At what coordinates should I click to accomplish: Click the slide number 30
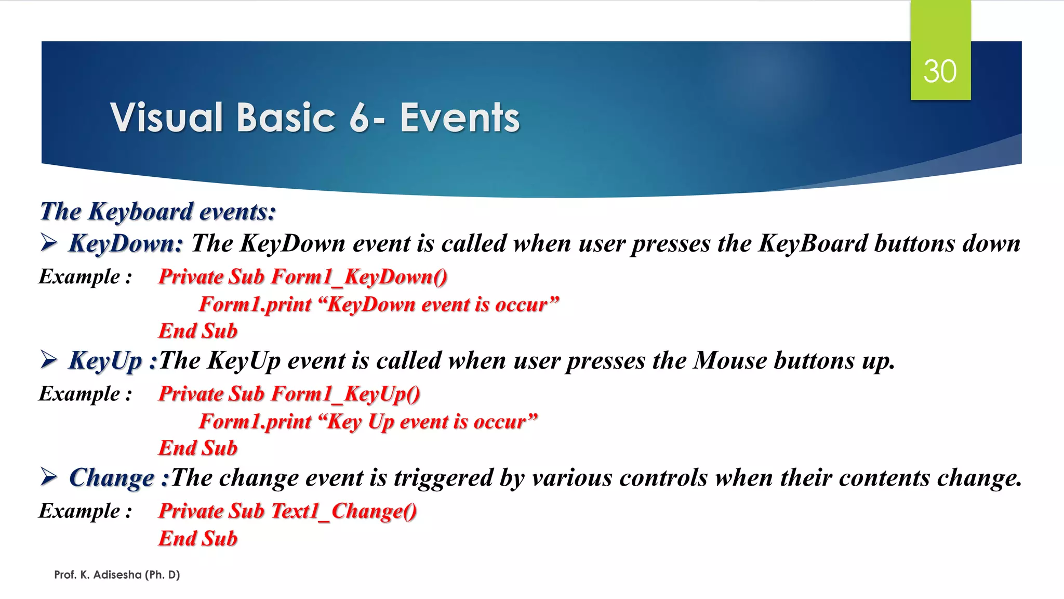(940, 71)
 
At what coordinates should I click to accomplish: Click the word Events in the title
(460, 118)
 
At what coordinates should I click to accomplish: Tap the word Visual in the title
(167, 118)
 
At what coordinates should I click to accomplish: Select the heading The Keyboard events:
(158, 212)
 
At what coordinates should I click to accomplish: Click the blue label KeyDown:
(126, 243)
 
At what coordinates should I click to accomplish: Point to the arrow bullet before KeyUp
(49, 360)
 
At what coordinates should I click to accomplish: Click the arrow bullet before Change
(49, 477)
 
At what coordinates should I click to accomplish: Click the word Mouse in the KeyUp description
(730, 360)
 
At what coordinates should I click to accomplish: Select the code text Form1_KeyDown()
(359, 277)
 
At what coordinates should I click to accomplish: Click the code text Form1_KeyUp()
(345, 394)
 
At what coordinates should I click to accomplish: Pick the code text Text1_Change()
(343, 511)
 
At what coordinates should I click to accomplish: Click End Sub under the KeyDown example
(198, 331)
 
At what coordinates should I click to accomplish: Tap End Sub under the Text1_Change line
(198, 539)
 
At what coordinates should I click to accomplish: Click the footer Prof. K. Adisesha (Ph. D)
(117, 575)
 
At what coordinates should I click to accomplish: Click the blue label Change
(112, 477)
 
